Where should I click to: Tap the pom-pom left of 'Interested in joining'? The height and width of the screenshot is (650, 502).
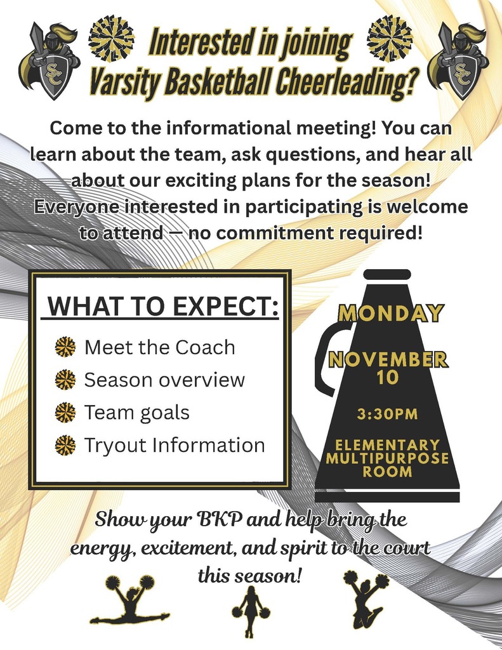(x=112, y=39)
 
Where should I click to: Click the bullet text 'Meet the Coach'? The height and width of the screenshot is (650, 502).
(x=159, y=347)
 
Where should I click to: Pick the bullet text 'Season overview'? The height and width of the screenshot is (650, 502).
(x=164, y=380)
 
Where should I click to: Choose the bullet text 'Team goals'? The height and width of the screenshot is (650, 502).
(x=137, y=413)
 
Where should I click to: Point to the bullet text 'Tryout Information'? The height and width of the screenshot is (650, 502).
(x=175, y=445)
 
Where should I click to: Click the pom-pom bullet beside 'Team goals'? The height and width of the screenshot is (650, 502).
(x=65, y=413)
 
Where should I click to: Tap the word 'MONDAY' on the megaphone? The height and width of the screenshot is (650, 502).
(x=390, y=313)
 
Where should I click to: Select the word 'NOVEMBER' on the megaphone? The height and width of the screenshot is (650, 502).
(x=388, y=360)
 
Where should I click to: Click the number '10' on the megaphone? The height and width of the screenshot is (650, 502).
(x=388, y=378)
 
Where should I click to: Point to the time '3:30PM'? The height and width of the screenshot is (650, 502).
(x=388, y=415)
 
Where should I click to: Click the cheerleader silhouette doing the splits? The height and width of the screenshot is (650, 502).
(x=129, y=600)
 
